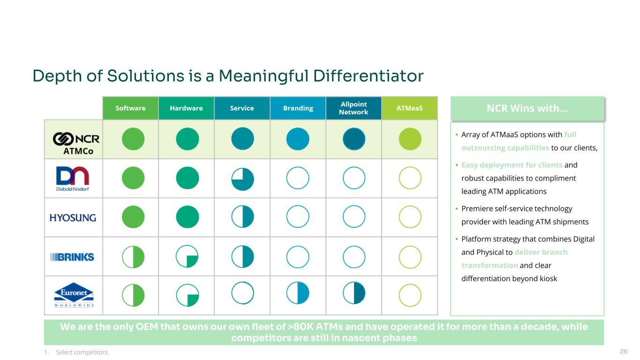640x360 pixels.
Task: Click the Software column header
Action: [131, 108]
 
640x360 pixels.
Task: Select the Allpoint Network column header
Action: [354, 108]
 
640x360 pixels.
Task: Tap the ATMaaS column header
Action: [409, 108]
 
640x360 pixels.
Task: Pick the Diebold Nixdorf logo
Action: [72, 179]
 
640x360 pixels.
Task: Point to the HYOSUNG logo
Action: [73, 217]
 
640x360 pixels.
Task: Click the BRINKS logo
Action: [72, 257]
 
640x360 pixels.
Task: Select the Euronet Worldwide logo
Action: [74, 295]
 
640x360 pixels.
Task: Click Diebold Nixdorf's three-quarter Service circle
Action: [242, 179]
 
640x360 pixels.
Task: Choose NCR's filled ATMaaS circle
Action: [410, 139]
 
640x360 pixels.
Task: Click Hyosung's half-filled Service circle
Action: [242, 217]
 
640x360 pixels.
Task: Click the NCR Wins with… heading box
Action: [527, 109]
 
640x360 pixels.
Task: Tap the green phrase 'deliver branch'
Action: [541, 252]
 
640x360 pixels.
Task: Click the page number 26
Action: [624, 352]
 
